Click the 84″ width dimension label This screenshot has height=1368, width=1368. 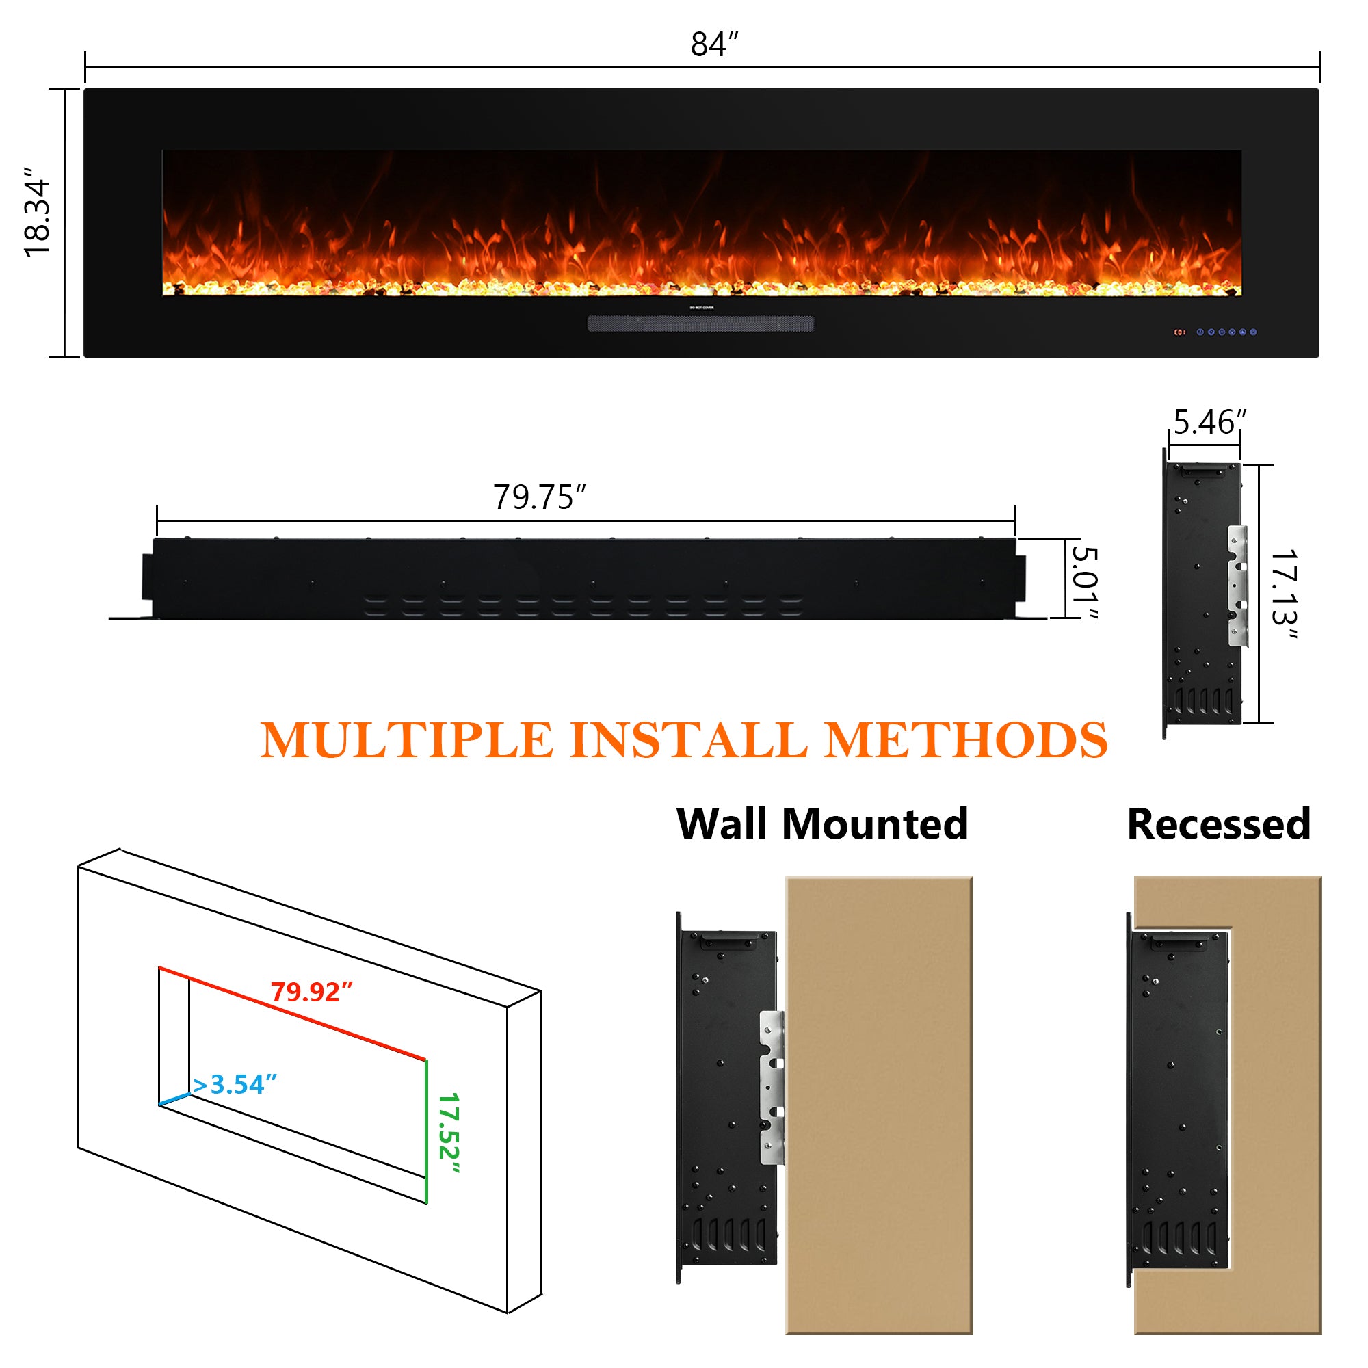(x=713, y=44)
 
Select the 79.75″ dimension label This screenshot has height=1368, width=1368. (x=540, y=497)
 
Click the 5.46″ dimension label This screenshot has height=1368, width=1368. (x=1209, y=422)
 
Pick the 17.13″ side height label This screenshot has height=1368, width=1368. (x=1284, y=594)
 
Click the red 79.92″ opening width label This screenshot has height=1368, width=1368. (x=311, y=992)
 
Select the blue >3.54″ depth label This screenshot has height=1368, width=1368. (x=235, y=1085)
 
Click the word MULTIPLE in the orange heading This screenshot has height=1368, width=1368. (x=406, y=741)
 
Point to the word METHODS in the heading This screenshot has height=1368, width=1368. (x=966, y=741)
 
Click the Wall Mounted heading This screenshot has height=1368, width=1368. (x=822, y=824)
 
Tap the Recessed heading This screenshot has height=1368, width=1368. (x=1219, y=824)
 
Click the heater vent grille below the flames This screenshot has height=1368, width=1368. (x=701, y=324)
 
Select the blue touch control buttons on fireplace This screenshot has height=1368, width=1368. (x=1226, y=332)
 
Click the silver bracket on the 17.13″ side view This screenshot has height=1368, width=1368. (x=1237, y=586)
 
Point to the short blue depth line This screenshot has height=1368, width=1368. (x=175, y=1100)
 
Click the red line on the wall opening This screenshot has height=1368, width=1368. (x=292, y=1013)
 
